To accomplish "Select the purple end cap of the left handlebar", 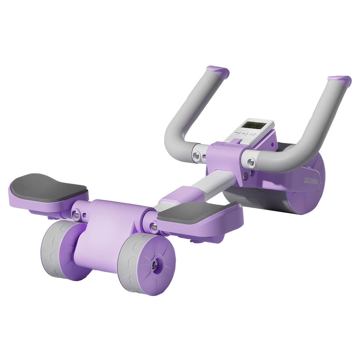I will tap(218, 71).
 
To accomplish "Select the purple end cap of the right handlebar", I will tap(340, 81).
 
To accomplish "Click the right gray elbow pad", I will tap(196, 211).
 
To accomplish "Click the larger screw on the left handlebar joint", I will tap(196, 156).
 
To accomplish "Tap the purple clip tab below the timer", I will tap(237, 141).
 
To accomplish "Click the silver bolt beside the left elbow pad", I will tap(76, 215).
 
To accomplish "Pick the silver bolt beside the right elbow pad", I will tap(154, 226).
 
